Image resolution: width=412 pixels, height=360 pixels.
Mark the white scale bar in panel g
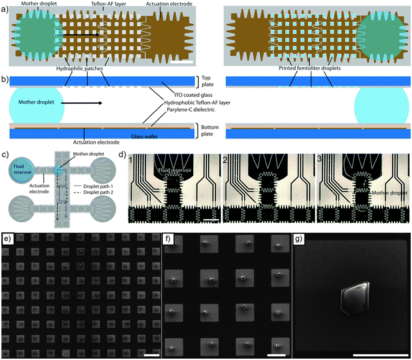pyautogui.click(x=377, y=354)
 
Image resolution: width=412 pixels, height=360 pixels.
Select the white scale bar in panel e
pyautogui.click(x=150, y=355)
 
